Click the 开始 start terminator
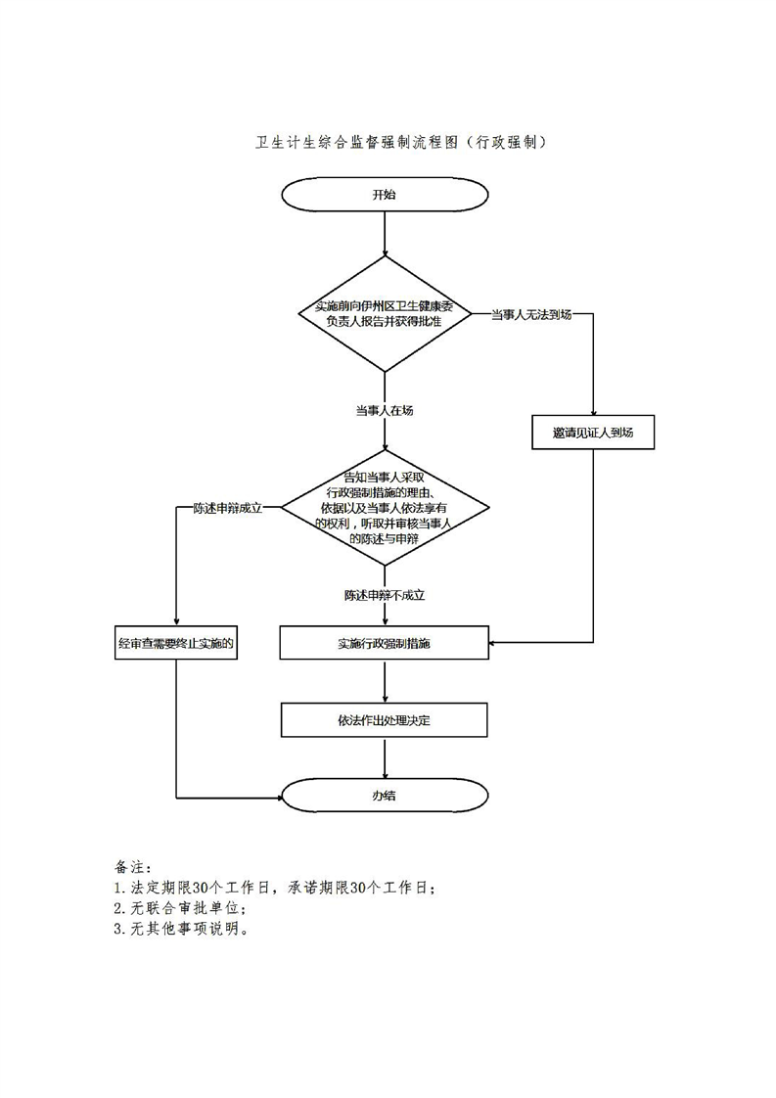click(x=385, y=194)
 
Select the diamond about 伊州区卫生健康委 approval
click(x=385, y=314)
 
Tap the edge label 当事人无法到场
click(x=529, y=314)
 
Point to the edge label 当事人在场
click(x=384, y=411)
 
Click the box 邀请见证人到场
click(x=593, y=433)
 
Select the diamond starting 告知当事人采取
click(x=385, y=507)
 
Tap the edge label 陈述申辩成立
click(x=227, y=508)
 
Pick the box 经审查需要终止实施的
click(x=175, y=643)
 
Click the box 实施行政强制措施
click(x=385, y=643)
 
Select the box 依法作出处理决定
click(x=385, y=720)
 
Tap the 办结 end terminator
click(x=385, y=796)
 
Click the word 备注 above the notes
click(x=130, y=867)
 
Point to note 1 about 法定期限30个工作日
click(x=274, y=889)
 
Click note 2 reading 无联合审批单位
click(x=186, y=909)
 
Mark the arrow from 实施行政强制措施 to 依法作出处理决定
click(x=385, y=681)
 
